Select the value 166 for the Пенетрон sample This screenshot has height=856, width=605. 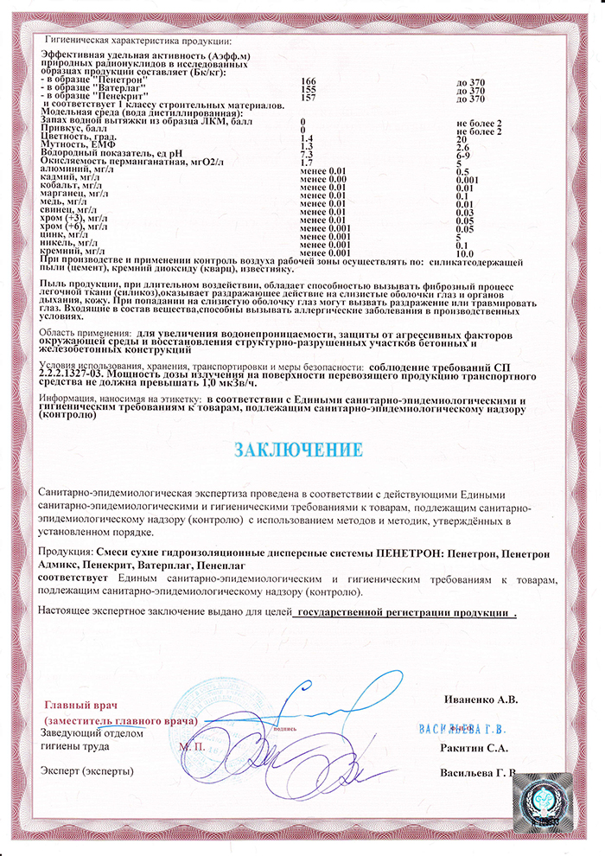pyautogui.click(x=308, y=80)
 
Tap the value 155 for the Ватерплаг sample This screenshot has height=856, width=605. pyautogui.click(x=308, y=88)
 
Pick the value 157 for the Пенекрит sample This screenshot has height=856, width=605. pyautogui.click(x=308, y=97)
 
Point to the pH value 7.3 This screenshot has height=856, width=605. pyautogui.click(x=305, y=154)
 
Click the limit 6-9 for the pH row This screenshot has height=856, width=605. pyautogui.click(x=462, y=154)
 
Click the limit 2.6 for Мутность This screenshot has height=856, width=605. pyautogui.click(x=462, y=146)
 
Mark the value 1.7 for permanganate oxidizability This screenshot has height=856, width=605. pyautogui.click(x=305, y=163)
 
